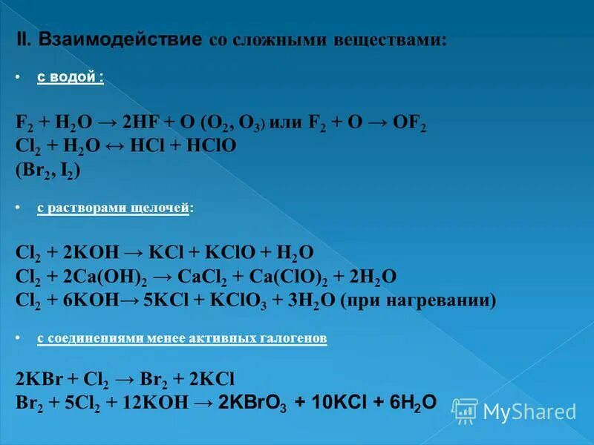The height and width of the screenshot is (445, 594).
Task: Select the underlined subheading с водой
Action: point(71,78)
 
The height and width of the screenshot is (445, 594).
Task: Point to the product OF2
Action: point(408,123)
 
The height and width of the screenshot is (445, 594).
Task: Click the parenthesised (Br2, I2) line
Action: point(48,170)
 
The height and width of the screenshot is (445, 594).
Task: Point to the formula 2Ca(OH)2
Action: point(107,277)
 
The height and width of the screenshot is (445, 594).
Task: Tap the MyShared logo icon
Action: point(465,411)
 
